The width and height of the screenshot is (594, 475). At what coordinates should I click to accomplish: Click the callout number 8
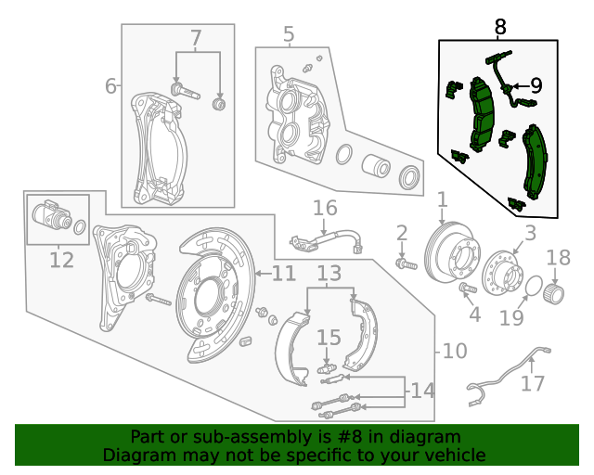[500, 27]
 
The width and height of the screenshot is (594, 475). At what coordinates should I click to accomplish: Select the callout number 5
[289, 35]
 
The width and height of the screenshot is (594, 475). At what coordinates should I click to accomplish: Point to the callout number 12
[61, 260]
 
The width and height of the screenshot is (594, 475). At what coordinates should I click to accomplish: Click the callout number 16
[324, 208]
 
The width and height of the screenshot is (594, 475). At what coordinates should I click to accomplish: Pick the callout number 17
[533, 382]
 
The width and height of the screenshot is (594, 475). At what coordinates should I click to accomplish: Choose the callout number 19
[512, 318]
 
